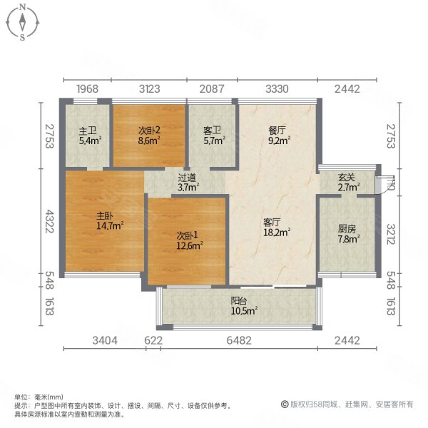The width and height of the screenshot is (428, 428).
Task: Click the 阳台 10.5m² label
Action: (243, 305)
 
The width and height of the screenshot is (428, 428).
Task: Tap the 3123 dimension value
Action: (151, 89)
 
